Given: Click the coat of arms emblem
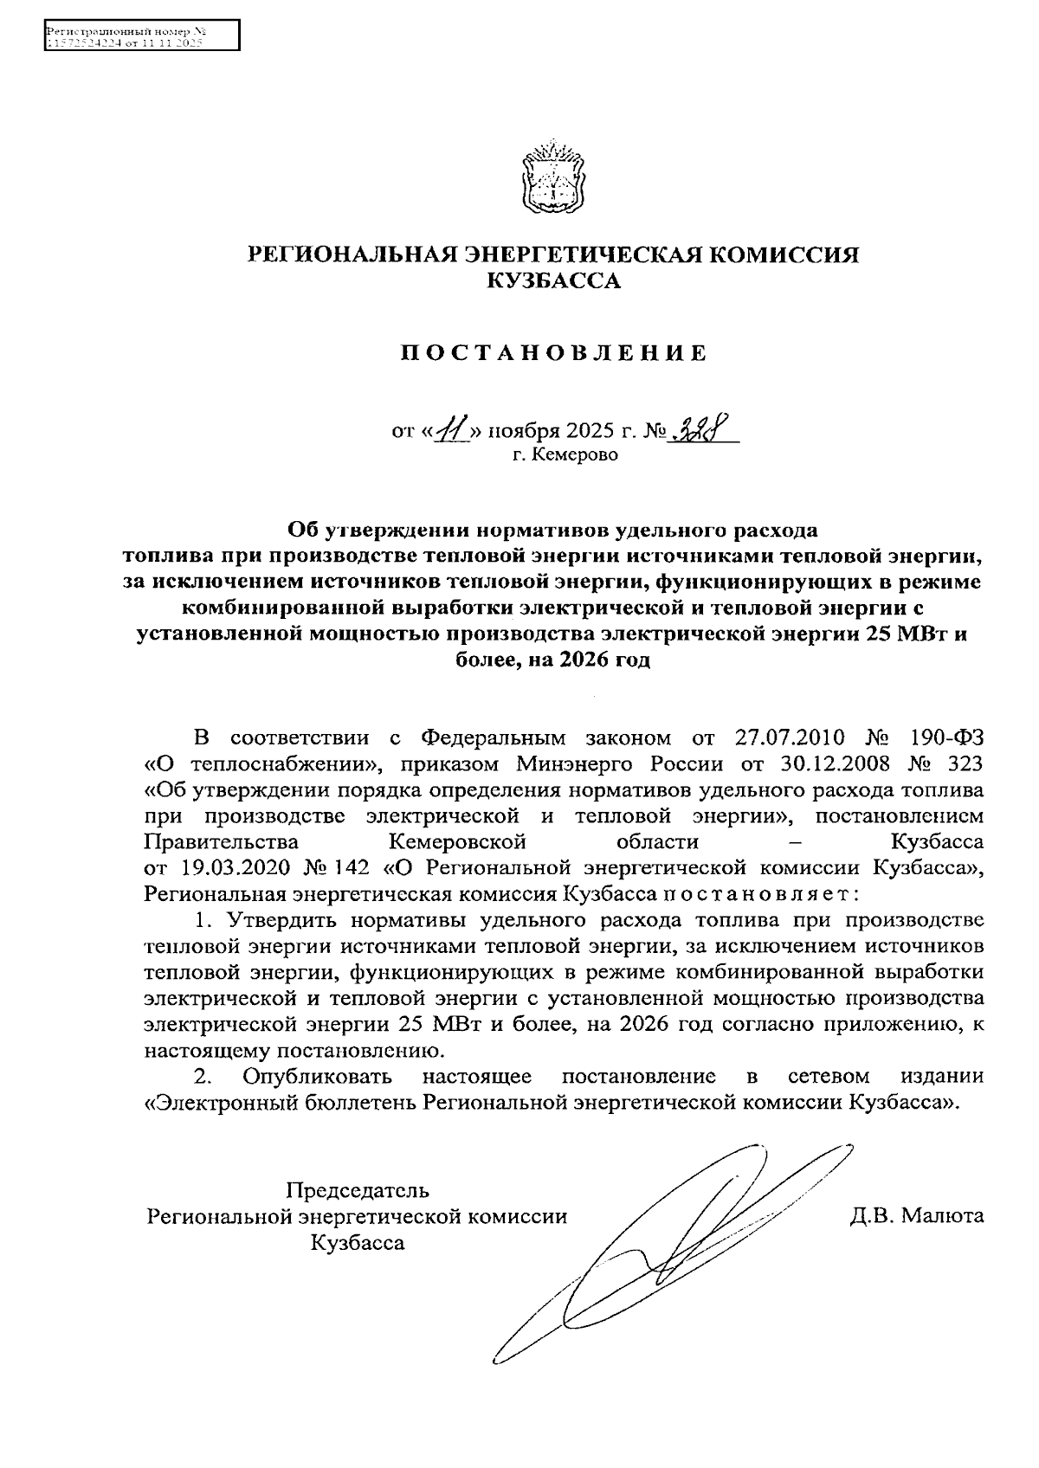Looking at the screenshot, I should (551, 177).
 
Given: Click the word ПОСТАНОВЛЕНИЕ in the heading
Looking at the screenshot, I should (553, 353).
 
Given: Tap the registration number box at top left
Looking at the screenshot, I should (142, 36).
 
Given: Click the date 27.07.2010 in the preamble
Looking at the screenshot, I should (790, 737).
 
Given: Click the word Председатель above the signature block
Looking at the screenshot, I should (358, 1189).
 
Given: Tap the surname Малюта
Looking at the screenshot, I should (942, 1215).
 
